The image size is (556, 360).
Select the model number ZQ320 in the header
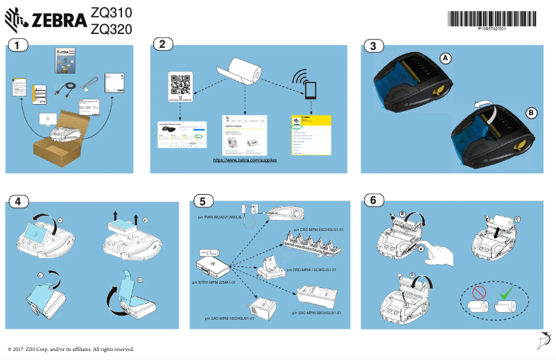(x=111, y=28)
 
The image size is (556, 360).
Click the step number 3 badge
(x=373, y=46)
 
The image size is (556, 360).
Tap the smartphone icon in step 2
(x=309, y=90)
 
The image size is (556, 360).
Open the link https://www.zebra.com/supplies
(x=245, y=160)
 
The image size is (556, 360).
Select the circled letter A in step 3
(x=446, y=59)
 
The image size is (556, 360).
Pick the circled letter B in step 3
(x=531, y=112)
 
